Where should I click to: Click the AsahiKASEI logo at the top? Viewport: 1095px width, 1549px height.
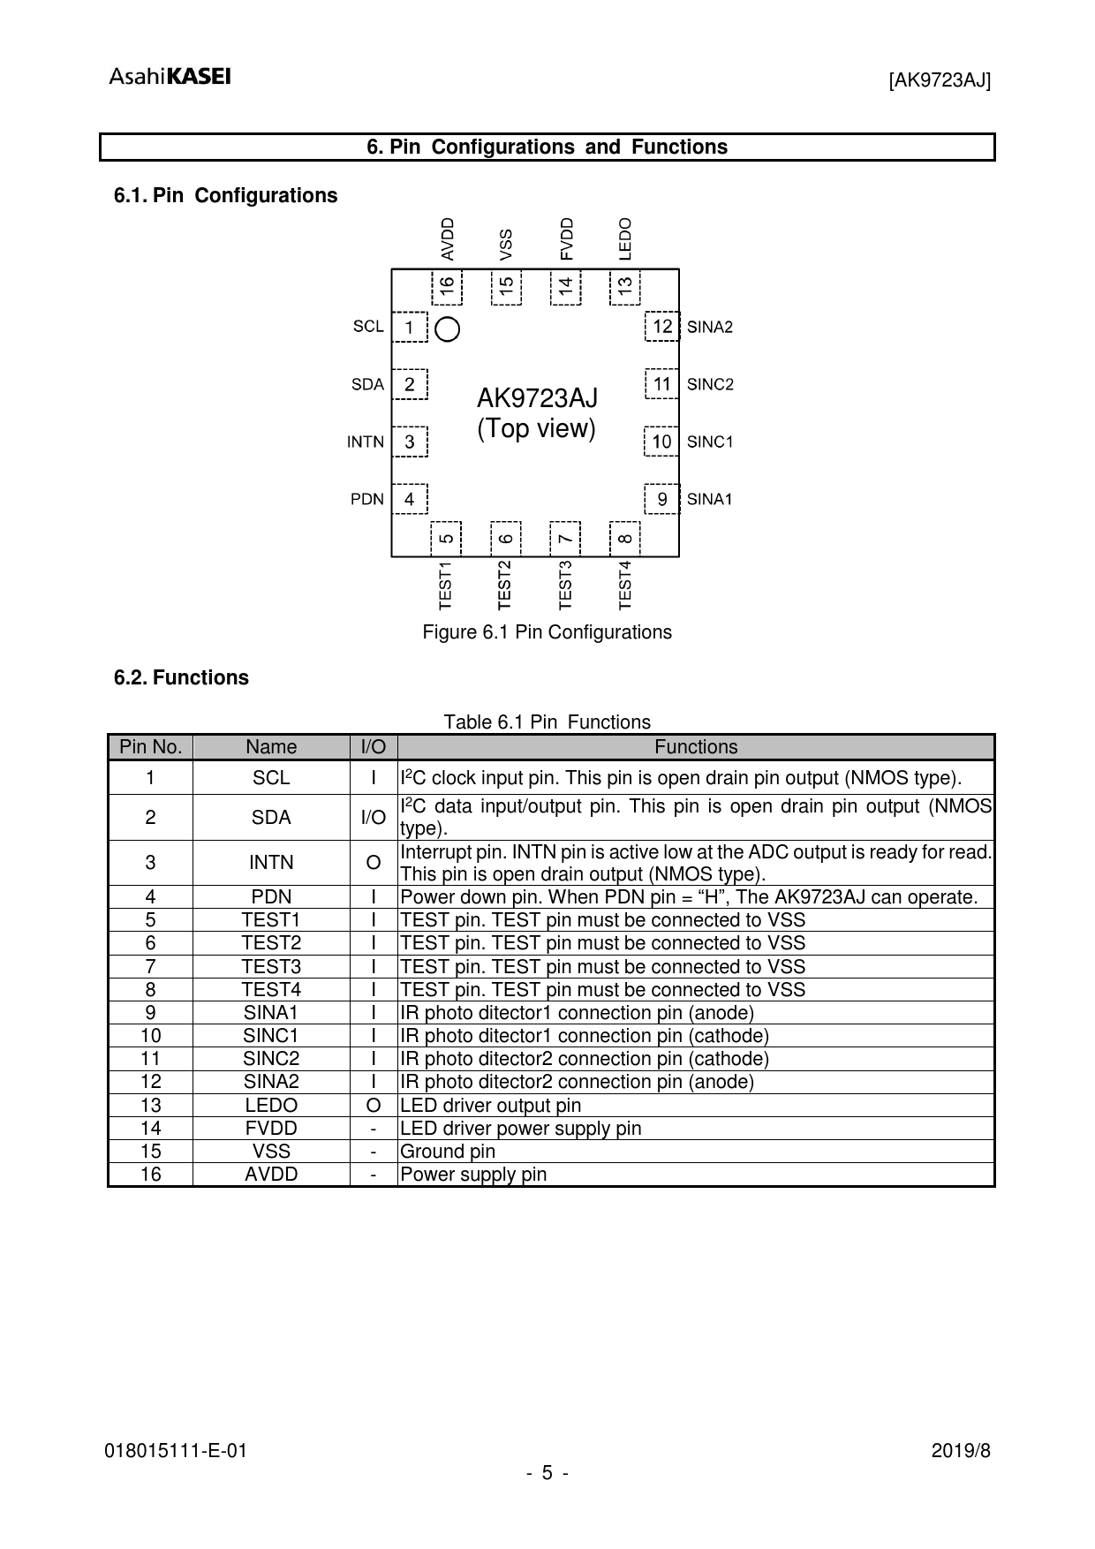click(170, 77)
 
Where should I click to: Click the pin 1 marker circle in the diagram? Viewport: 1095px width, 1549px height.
click(449, 329)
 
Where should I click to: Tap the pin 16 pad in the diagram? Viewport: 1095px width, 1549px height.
click(448, 285)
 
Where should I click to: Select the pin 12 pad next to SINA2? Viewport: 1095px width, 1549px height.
click(662, 327)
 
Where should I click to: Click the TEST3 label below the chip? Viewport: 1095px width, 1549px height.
click(566, 584)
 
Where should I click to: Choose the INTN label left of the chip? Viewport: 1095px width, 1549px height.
click(366, 442)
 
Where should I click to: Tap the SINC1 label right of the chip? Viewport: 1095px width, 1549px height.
click(710, 442)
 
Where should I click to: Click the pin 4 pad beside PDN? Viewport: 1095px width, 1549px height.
click(410, 499)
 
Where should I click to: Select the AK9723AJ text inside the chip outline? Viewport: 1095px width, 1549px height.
click(537, 398)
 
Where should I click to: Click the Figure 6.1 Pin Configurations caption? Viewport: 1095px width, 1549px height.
click(547, 632)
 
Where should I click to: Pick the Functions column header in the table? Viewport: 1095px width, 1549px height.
click(696, 747)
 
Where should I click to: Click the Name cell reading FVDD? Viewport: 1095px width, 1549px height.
click(271, 1129)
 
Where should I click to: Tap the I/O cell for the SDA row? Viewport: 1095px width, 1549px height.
click(374, 818)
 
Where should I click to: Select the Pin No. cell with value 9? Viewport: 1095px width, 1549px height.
click(151, 1013)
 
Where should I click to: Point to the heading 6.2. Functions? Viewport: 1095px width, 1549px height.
click(181, 678)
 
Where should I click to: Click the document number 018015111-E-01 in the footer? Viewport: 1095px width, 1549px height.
click(176, 1451)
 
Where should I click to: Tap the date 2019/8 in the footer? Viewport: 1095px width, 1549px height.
click(962, 1451)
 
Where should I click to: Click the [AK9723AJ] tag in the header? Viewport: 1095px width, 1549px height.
click(940, 81)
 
